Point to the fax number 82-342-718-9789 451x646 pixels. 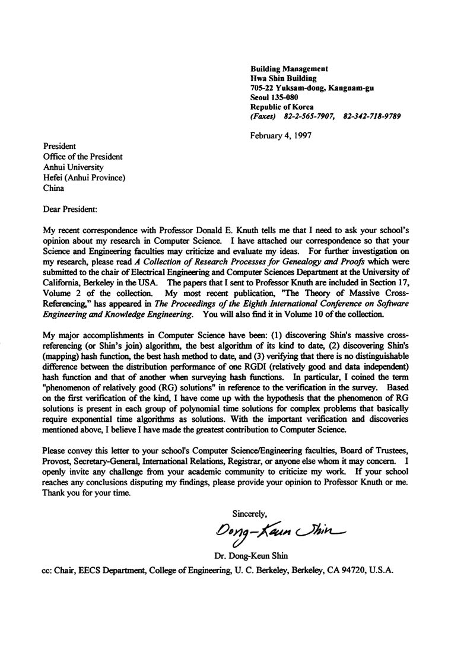pyautogui.click(x=371, y=116)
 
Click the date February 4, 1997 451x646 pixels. pyautogui.click(x=281, y=135)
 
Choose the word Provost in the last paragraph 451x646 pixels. pyautogui.click(x=58, y=455)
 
